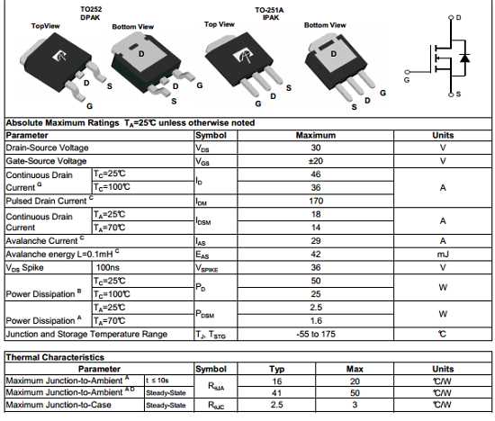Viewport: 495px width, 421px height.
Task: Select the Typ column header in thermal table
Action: click(x=277, y=369)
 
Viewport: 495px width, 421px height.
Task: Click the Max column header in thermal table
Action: click(x=354, y=369)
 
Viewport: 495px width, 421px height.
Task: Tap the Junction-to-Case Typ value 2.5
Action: click(x=277, y=406)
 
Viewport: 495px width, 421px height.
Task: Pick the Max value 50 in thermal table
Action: click(x=354, y=393)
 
